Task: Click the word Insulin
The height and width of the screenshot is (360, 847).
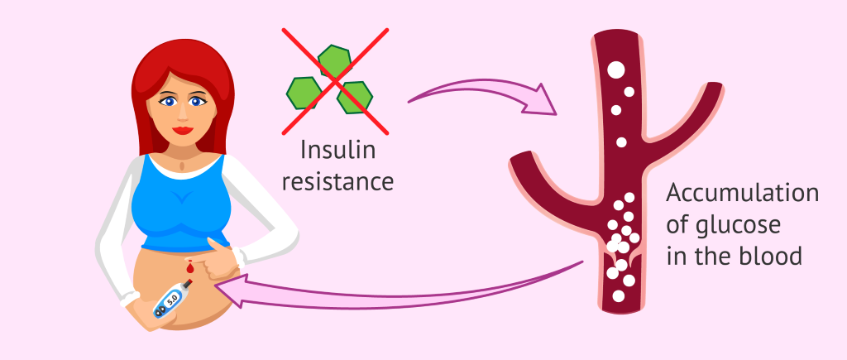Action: [x=337, y=150]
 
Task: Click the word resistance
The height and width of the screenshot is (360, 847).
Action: [x=337, y=182]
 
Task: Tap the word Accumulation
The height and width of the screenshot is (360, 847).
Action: [x=742, y=193]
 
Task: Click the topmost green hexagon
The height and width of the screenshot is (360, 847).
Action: [x=334, y=60]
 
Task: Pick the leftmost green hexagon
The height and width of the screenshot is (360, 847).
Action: [x=304, y=93]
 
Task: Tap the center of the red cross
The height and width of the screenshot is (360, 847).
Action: [x=335, y=81]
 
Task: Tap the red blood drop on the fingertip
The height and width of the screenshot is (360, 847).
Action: [x=189, y=266]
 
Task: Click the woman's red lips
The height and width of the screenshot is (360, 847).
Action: [x=183, y=130]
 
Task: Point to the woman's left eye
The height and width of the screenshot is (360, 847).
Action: [x=199, y=101]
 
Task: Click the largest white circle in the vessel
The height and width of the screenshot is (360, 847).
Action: [x=615, y=70]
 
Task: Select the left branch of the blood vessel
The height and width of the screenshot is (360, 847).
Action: [x=557, y=184]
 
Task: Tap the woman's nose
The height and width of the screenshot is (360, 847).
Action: [x=183, y=114]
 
